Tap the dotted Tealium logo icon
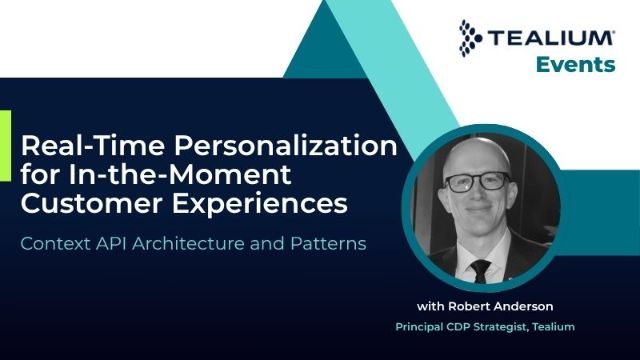click(x=470, y=38)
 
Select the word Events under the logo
click(x=576, y=64)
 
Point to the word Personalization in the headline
click(x=285, y=146)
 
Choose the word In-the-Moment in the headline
click(x=180, y=174)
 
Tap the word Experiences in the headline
click(x=260, y=204)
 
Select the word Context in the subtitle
click(x=55, y=244)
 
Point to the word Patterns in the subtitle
click(x=328, y=244)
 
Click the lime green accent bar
click(x=5, y=146)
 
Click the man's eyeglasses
click(x=477, y=182)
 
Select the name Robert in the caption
click(x=465, y=306)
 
